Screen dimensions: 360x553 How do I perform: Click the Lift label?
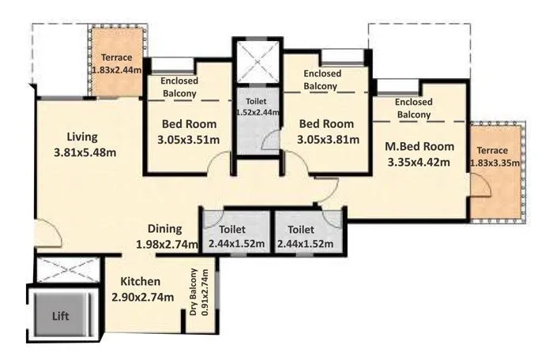tap(61, 316)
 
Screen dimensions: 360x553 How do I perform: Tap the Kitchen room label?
tap(141, 282)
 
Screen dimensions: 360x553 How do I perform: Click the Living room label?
tap(81, 135)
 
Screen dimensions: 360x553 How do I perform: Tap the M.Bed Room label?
tap(419, 146)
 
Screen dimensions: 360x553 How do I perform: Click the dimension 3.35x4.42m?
tap(419, 163)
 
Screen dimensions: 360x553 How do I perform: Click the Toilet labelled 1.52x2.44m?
tap(257, 107)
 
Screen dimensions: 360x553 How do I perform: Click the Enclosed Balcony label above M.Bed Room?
tap(413, 108)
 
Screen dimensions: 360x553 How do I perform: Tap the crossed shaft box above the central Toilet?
tap(257, 59)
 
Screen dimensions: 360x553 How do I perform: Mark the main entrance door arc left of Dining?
tap(45, 234)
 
